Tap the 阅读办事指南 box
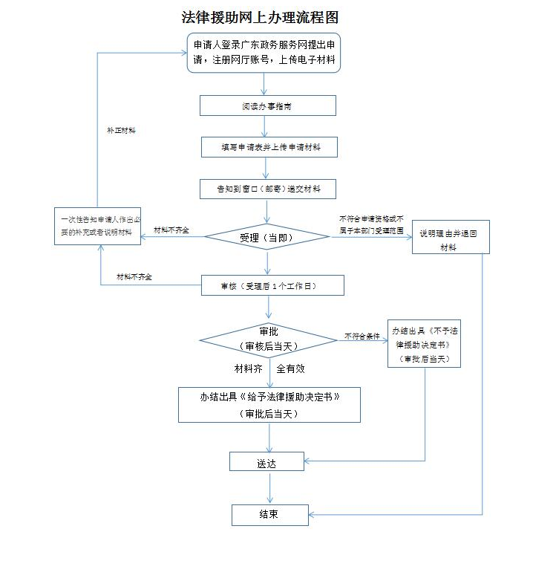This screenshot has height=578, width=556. pos(267,106)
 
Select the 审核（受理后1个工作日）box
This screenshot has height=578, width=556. pos(272,285)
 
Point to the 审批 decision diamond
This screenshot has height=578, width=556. pos(268,340)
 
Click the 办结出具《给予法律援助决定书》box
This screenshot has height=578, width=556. pos(269,405)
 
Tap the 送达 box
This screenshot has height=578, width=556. pos(266,462)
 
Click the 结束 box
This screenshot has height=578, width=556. pos(269,514)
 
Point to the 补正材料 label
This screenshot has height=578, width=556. pos(121,129)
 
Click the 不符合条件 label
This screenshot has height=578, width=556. pos(362,337)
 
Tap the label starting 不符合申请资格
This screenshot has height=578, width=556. pos(371,224)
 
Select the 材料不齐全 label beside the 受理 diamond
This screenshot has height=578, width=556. pos(171,230)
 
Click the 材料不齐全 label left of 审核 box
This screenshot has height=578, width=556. pos(134,277)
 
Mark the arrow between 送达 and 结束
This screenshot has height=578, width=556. pos(269,487)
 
